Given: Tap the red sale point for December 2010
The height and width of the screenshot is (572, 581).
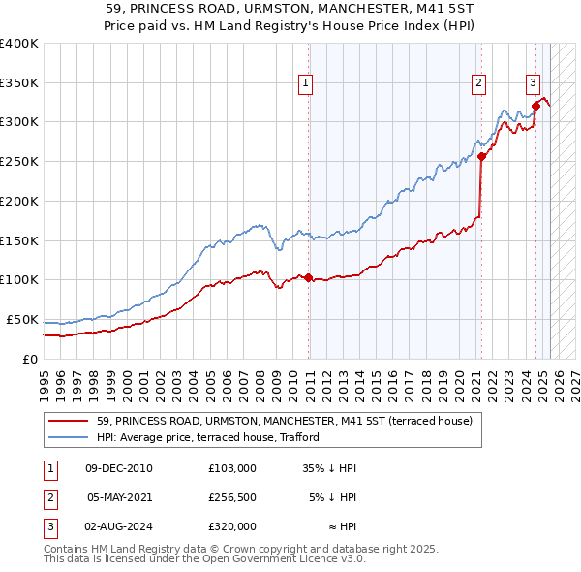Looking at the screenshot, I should (309, 277).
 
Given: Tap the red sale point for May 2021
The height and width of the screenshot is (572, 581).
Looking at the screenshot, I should (481, 155).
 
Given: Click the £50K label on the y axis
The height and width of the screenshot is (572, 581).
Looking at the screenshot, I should (21, 319).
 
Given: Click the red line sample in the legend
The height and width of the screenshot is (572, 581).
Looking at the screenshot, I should (68, 421).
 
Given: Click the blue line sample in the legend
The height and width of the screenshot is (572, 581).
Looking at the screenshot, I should (68, 437).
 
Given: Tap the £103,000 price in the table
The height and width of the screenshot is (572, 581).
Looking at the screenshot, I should (231, 468).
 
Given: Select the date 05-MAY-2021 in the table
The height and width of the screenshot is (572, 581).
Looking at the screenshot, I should (120, 497).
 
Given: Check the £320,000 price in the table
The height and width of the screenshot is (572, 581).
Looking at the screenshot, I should (231, 526).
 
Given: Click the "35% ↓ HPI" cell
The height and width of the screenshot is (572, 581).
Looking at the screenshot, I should (328, 468).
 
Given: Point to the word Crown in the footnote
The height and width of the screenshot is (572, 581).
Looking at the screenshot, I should (260, 549).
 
